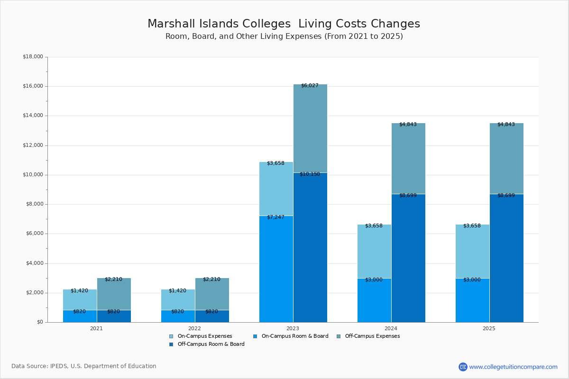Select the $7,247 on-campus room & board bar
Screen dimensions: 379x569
tap(276, 269)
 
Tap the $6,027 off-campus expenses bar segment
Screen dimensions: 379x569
tap(310, 128)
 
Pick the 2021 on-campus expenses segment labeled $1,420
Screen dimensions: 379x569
tap(80, 300)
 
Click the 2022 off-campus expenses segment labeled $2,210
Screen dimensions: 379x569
tap(212, 294)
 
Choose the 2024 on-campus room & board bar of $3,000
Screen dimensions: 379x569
tap(374, 300)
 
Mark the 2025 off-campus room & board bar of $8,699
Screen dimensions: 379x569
tap(506, 258)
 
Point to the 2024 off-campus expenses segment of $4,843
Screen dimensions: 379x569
tap(408, 159)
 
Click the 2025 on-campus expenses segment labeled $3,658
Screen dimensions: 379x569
tap(472, 251)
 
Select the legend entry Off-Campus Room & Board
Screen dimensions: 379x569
tap(211, 344)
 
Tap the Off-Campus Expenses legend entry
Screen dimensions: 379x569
tap(372, 336)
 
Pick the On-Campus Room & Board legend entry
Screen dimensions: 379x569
tap(294, 336)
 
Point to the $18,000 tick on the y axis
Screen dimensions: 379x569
tap(33, 57)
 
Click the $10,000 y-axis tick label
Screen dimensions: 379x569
tap(33, 175)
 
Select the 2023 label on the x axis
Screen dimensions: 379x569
tap(293, 328)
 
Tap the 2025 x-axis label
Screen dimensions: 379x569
tap(489, 328)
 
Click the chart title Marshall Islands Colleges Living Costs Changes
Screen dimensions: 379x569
tap(284, 24)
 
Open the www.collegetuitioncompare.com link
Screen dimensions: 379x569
tap(513, 367)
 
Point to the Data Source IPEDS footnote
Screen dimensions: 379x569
tap(84, 366)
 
